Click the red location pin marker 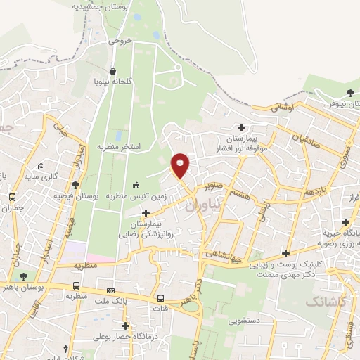181,165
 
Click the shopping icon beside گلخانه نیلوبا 113,71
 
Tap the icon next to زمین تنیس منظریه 136,185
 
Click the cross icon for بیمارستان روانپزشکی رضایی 146,213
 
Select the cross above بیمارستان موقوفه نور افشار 242,127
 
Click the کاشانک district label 326,300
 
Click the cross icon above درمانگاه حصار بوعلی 126,326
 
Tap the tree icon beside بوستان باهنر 25,276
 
